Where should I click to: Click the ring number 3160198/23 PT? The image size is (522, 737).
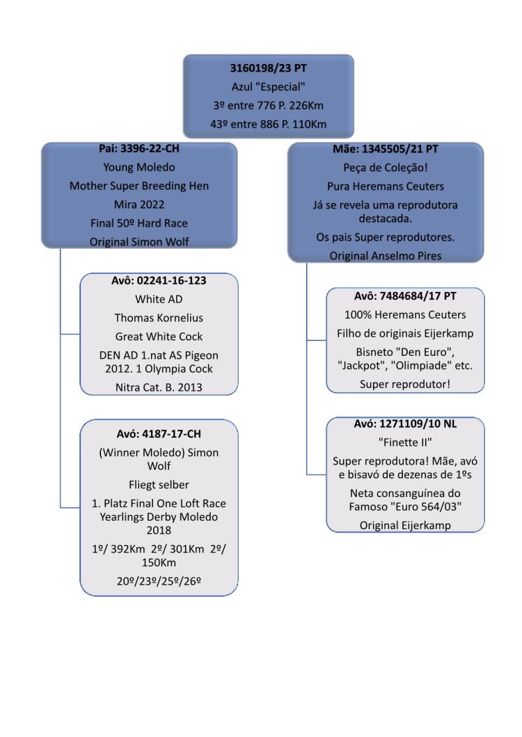coord(268,68)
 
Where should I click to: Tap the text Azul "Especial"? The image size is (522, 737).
coord(268,87)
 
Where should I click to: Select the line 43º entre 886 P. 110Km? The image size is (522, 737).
coord(268,124)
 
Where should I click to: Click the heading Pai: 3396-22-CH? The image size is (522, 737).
coord(139,149)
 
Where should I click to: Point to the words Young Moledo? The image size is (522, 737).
coord(139,168)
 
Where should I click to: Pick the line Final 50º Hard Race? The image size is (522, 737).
coord(139,223)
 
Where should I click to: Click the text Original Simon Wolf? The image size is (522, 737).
coord(139,242)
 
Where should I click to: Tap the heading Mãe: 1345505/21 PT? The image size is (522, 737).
coord(386,149)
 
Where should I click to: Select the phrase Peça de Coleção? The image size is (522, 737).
coord(386,168)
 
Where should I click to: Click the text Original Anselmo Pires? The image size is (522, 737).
coord(386,256)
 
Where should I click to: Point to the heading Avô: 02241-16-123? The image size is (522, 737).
coord(159,281)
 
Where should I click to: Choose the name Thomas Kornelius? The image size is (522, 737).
coord(159,318)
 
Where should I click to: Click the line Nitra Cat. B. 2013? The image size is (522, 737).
coord(159,388)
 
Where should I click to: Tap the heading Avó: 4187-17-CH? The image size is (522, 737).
coord(159,434)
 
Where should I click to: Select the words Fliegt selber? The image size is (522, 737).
coord(159,485)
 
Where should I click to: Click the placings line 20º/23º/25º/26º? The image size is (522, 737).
coord(159,581)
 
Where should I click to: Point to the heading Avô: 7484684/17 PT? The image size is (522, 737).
coord(405,296)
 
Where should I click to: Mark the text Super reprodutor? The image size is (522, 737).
coord(405,384)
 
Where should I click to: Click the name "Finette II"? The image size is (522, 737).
coord(405,443)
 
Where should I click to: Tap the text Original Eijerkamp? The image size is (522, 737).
coord(405,526)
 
